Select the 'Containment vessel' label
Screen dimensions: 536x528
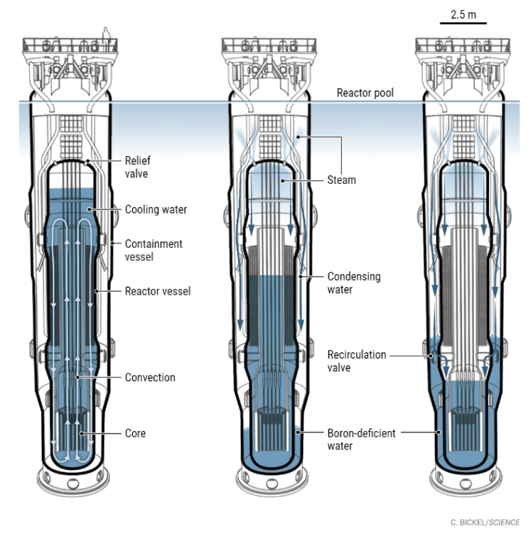[x=153, y=250]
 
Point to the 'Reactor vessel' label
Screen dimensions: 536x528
[x=157, y=291]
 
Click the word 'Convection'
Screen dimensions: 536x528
[x=150, y=377]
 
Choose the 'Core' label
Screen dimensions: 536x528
[x=136, y=432]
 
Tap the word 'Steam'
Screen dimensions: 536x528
[x=341, y=180]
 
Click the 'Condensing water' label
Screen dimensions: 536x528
[x=354, y=283]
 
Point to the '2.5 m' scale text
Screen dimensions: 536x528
[x=463, y=15]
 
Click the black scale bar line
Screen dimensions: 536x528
[x=463, y=23]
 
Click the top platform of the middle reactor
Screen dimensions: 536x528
[x=269, y=45]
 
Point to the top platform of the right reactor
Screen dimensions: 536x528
[x=463, y=45]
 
